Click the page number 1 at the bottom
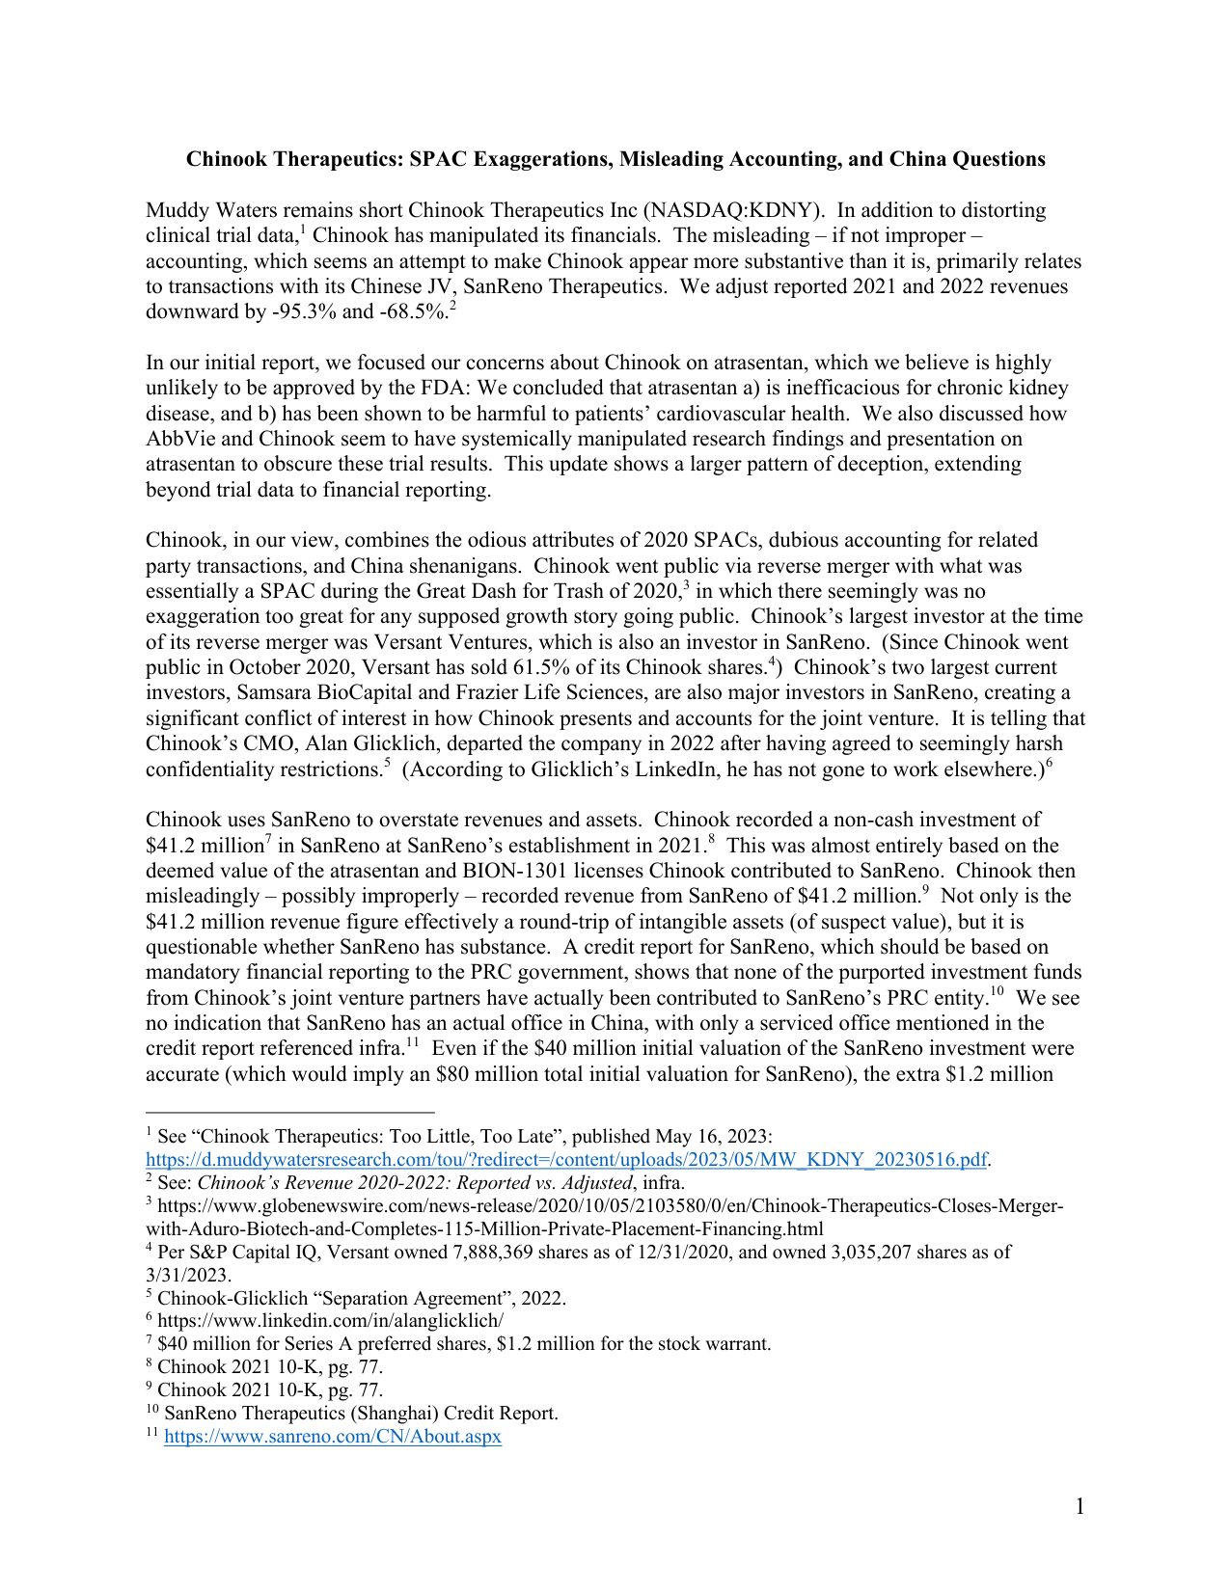point(1080,1506)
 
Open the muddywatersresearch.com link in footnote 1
point(566,1159)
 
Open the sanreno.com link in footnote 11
point(333,1437)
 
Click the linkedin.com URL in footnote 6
point(330,1321)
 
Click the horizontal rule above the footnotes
point(289,1111)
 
